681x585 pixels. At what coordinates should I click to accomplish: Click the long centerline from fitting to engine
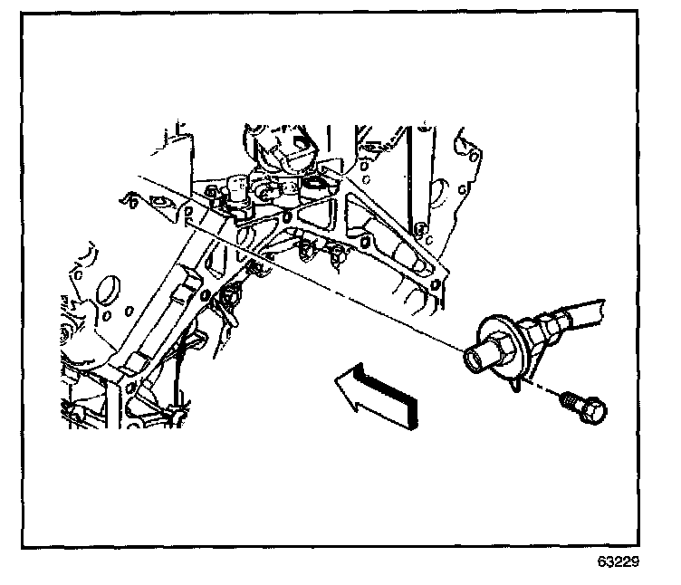(x=362, y=299)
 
